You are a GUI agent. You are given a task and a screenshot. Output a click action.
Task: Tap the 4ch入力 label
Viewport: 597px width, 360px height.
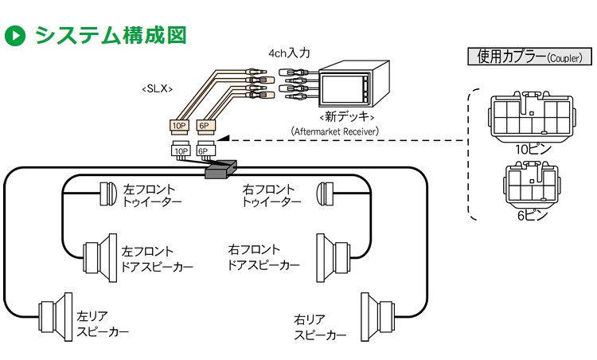coord(289,53)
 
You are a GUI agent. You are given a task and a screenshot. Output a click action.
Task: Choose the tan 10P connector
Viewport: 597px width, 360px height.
coord(180,125)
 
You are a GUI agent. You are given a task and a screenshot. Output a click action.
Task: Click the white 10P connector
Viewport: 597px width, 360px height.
coord(181,150)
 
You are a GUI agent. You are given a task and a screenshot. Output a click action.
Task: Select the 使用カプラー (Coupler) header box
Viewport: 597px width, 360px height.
coord(529,57)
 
